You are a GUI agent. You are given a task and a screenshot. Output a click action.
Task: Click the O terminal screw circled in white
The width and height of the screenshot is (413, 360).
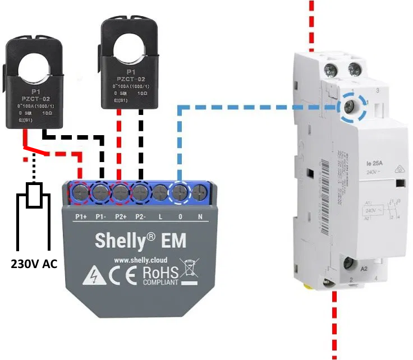[x=180, y=193]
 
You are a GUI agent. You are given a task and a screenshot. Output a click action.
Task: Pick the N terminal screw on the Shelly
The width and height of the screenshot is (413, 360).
[x=199, y=193]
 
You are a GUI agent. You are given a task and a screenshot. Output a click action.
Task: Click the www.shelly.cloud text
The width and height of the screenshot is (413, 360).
[x=140, y=260]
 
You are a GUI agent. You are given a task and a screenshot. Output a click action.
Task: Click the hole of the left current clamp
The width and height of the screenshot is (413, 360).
[x=33, y=67]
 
